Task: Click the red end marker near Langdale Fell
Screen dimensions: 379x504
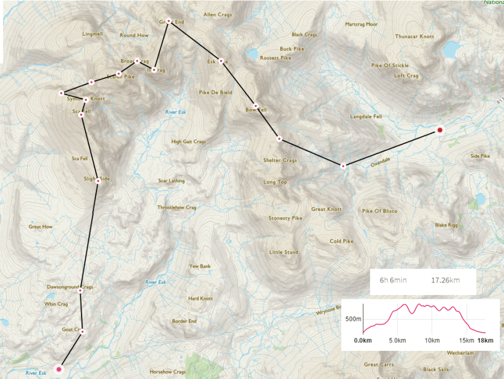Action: pyautogui.click(x=439, y=130)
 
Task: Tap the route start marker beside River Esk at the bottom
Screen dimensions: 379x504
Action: pyautogui.click(x=59, y=369)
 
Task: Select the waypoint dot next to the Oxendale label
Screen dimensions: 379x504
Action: pyautogui.click(x=343, y=166)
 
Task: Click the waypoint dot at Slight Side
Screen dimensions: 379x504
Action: pyautogui.click(x=98, y=181)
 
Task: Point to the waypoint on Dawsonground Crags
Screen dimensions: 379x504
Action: pyautogui.click(x=80, y=291)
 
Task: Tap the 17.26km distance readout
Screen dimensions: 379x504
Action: pyautogui.click(x=446, y=280)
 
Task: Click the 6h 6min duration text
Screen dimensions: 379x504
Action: pyautogui.click(x=393, y=280)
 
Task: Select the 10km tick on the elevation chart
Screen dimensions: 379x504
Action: pyautogui.click(x=432, y=340)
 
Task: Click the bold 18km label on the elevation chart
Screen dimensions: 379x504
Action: pyautogui.click(x=485, y=340)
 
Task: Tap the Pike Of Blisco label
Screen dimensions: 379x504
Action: pyautogui.click(x=380, y=211)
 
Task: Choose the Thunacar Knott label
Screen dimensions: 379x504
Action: pyautogui.click(x=414, y=37)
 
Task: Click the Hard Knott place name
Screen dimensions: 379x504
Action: pyautogui.click(x=200, y=298)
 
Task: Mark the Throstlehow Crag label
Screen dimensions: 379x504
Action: pyautogui.click(x=176, y=207)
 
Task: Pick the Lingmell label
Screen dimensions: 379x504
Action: pyautogui.click(x=93, y=34)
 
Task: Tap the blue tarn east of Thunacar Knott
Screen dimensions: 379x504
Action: pyautogui.click(x=449, y=49)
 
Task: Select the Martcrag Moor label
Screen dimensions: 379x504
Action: pyautogui.click(x=361, y=25)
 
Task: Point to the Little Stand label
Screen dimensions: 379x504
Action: pyautogui.click(x=283, y=252)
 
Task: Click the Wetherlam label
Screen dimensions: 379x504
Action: pyautogui.click(x=460, y=353)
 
